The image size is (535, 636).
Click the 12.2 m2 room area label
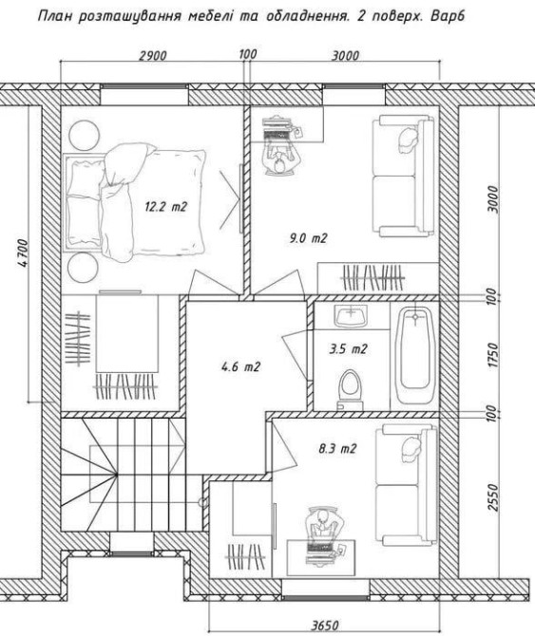tap(166, 207)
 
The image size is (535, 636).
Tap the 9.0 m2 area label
tap(308, 238)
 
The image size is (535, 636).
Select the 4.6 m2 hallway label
tap(240, 366)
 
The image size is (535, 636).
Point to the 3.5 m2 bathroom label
tap(348, 348)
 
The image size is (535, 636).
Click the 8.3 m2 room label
tap(337, 449)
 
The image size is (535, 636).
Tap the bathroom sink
tap(351, 316)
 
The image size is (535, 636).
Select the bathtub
tap(414, 355)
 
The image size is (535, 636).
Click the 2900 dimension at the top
tap(153, 55)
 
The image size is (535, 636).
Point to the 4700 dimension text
tap(23, 253)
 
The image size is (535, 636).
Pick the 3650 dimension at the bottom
tap(325, 625)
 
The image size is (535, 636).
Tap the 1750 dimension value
tap(492, 355)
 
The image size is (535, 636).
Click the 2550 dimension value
tap(492, 497)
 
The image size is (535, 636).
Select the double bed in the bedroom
tap(135, 202)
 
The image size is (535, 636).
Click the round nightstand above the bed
tap(85, 136)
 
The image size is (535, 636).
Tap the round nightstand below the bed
tap(83, 268)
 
